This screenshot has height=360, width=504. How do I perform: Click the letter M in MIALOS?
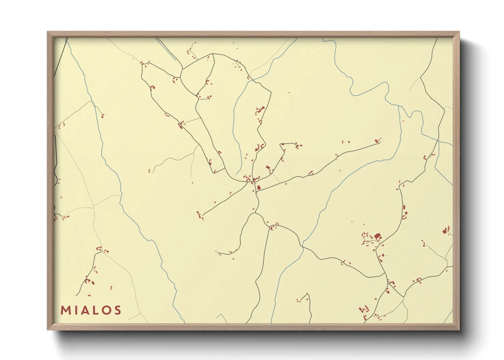pos(65,310)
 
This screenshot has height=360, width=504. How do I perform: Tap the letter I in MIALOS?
pos(76,310)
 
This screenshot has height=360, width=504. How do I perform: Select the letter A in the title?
pos(85,310)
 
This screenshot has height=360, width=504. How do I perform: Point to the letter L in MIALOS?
pos(96,310)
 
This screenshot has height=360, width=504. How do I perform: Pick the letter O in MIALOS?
pos(106,310)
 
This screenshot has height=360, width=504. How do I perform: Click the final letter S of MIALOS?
pos(118,310)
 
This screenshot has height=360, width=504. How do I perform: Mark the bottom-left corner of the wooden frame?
pos(48,329)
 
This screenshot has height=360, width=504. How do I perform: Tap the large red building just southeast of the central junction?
pos(259,187)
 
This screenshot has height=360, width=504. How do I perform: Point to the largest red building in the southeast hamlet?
pos(377,236)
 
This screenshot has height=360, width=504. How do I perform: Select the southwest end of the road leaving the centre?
pos(203,215)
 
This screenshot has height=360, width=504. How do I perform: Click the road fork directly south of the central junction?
pos(255,213)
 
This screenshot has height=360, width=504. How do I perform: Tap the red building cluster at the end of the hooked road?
pos(298,146)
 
